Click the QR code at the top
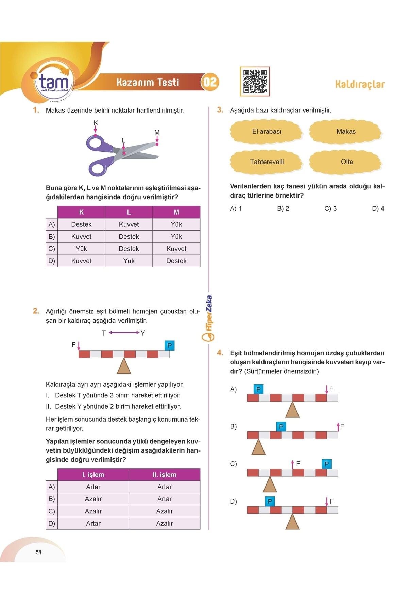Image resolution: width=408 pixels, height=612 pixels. point(255,81)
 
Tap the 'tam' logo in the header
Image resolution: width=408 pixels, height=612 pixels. point(54,82)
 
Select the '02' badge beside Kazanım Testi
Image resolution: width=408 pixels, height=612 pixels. point(210,82)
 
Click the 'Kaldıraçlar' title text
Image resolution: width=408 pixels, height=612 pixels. point(360,84)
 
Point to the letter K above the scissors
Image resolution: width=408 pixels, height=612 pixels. point(96,123)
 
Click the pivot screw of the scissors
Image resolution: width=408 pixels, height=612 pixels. point(124,153)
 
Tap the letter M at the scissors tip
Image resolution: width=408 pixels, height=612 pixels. point(157,132)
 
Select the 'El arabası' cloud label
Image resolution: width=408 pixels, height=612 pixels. point(267,132)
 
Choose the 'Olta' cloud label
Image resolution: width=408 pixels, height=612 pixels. point(346,162)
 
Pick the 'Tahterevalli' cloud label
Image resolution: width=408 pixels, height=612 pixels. point(267,162)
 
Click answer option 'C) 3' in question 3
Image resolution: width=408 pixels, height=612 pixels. point(330,209)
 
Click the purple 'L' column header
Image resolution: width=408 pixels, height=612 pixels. point(129,212)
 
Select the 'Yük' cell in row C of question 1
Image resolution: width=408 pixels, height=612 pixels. point(81,249)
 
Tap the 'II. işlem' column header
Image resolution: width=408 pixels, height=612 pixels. point(165,475)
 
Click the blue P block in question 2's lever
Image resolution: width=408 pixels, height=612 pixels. point(169,345)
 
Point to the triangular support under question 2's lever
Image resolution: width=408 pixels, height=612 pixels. point(124,367)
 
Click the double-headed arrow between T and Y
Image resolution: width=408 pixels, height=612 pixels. point(124,333)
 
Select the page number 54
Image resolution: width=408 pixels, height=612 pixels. point(38,552)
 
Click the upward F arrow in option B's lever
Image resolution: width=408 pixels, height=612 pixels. point(338,427)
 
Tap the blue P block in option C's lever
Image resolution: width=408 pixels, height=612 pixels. point(326,464)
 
